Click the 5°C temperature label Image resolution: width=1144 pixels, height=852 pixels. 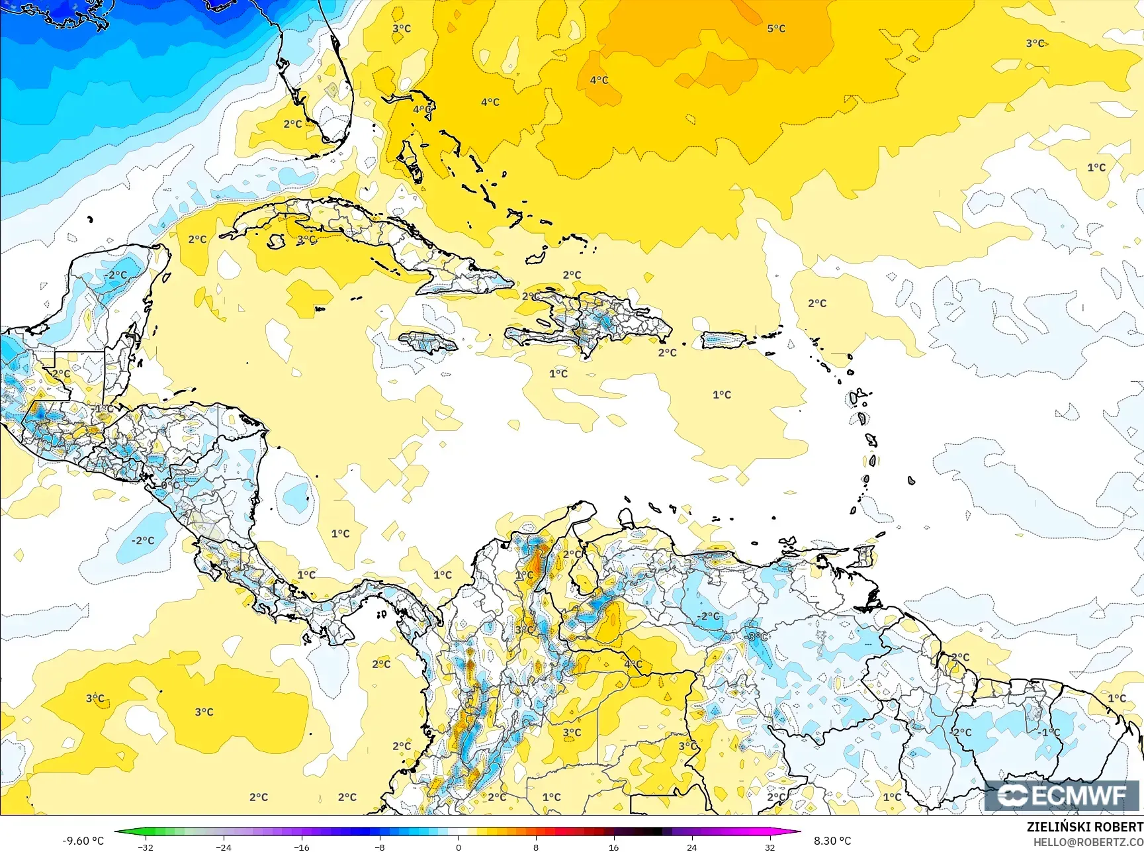(x=776, y=28)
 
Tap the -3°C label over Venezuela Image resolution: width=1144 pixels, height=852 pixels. (x=756, y=637)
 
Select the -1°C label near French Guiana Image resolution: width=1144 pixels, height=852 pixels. (x=1049, y=732)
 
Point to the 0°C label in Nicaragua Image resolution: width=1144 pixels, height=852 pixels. (x=169, y=485)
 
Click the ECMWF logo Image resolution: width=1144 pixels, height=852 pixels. (x=1062, y=796)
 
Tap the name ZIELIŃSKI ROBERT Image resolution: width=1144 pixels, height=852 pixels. (x=1084, y=827)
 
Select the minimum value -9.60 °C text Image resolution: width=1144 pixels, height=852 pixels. (x=83, y=841)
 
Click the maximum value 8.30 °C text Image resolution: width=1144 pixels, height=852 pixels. (x=832, y=841)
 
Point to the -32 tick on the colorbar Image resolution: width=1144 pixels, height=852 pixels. (x=146, y=847)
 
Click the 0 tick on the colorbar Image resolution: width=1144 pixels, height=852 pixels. (x=458, y=847)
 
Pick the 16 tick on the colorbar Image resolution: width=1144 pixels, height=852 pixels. (x=613, y=847)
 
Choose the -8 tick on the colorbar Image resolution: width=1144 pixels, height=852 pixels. (x=380, y=847)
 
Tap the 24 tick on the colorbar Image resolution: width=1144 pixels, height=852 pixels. (x=691, y=847)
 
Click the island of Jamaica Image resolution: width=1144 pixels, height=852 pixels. (x=428, y=342)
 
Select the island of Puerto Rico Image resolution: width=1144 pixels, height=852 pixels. (x=724, y=340)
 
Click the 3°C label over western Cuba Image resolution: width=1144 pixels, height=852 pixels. (x=306, y=240)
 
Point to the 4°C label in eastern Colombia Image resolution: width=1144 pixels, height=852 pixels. (x=633, y=664)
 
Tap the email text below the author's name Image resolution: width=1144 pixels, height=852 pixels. (x=1088, y=841)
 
